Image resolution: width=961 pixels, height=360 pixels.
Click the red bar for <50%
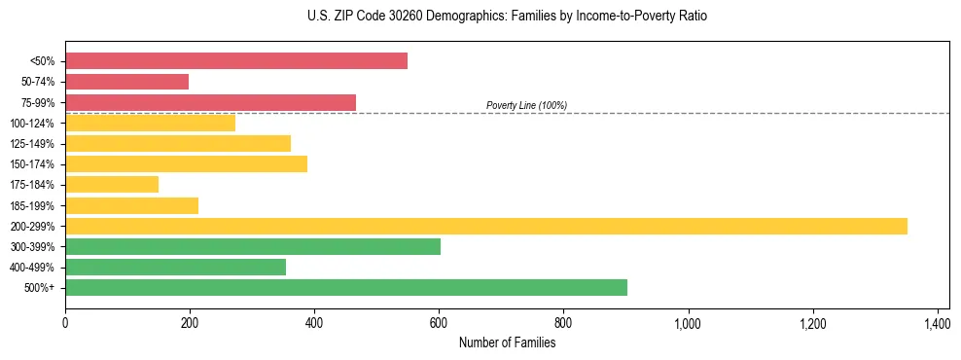pos(236,61)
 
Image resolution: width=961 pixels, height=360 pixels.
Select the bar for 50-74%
pos(126,82)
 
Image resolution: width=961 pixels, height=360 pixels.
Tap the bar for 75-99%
pos(210,102)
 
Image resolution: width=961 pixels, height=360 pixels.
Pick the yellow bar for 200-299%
pos(486,226)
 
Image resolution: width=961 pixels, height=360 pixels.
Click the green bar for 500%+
pos(346,287)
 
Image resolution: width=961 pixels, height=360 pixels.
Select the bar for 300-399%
pos(253,246)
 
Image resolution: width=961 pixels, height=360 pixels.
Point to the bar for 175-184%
pos(112,185)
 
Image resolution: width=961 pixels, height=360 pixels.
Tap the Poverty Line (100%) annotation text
pos(526,105)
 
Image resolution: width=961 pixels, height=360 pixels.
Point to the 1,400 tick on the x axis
pos(937,323)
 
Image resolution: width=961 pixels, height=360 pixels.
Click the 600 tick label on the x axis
pos(439,323)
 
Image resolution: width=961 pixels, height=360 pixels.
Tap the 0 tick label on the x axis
pos(65,323)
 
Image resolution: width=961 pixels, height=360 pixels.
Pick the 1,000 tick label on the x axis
pos(688,323)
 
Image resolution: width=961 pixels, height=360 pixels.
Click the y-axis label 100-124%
pos(32,124)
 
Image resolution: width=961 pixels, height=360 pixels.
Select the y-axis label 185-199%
pos(32,206)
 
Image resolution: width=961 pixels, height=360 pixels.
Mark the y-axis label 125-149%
pos(32,144)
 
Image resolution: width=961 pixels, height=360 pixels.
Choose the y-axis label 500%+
pos(39,288)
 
